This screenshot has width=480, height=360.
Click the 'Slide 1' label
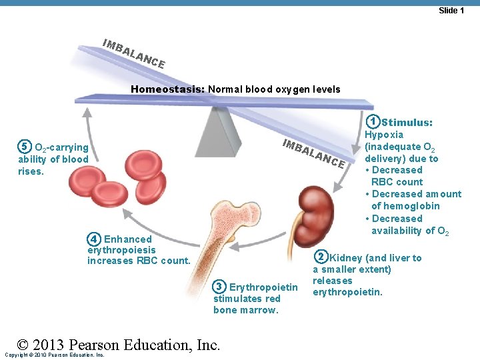(451, 10)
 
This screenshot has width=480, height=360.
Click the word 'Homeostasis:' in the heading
(167, 89)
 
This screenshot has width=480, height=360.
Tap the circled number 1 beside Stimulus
(375, 122)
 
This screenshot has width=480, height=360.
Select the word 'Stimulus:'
(407, 123)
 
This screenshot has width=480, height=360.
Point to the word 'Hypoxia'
(383, 135)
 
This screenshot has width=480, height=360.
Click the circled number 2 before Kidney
(321, 257)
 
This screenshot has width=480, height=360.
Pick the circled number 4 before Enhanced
(95, 239)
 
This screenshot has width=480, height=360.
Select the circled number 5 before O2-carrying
(24, 147)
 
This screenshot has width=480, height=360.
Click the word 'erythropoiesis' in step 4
(121, 250)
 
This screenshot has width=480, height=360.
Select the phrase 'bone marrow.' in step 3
(245, 310)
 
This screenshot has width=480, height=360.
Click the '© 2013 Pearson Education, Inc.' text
(119, 345)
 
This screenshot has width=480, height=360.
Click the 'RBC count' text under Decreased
(397, 182)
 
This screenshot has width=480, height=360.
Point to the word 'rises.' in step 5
(31, 171)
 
